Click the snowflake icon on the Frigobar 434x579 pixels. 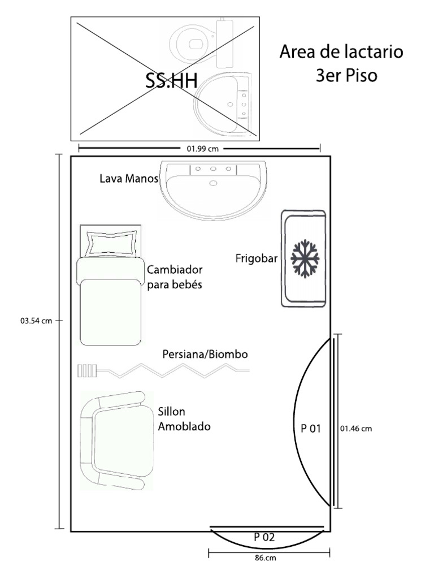point(305,258)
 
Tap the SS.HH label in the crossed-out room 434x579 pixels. point(172,80)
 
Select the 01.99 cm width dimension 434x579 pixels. point(203,149)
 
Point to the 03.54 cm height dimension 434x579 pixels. point(36,321)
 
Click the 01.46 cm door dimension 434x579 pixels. point(356,429)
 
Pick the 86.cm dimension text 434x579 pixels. point(266,558)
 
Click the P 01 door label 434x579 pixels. point(311,429)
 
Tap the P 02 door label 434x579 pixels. point(264,537)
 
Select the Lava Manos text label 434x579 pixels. point(129,179)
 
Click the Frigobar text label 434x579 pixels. point(257,258)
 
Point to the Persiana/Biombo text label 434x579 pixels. point(205,355)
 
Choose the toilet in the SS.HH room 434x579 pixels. point(202,44)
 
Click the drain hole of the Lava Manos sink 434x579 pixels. point(213,183)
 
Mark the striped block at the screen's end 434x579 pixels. point(87,370)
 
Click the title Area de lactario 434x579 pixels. point(341,51)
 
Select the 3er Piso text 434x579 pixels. point(346,76)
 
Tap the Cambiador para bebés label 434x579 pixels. point(175,277)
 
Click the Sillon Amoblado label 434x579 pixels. point(184,419)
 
